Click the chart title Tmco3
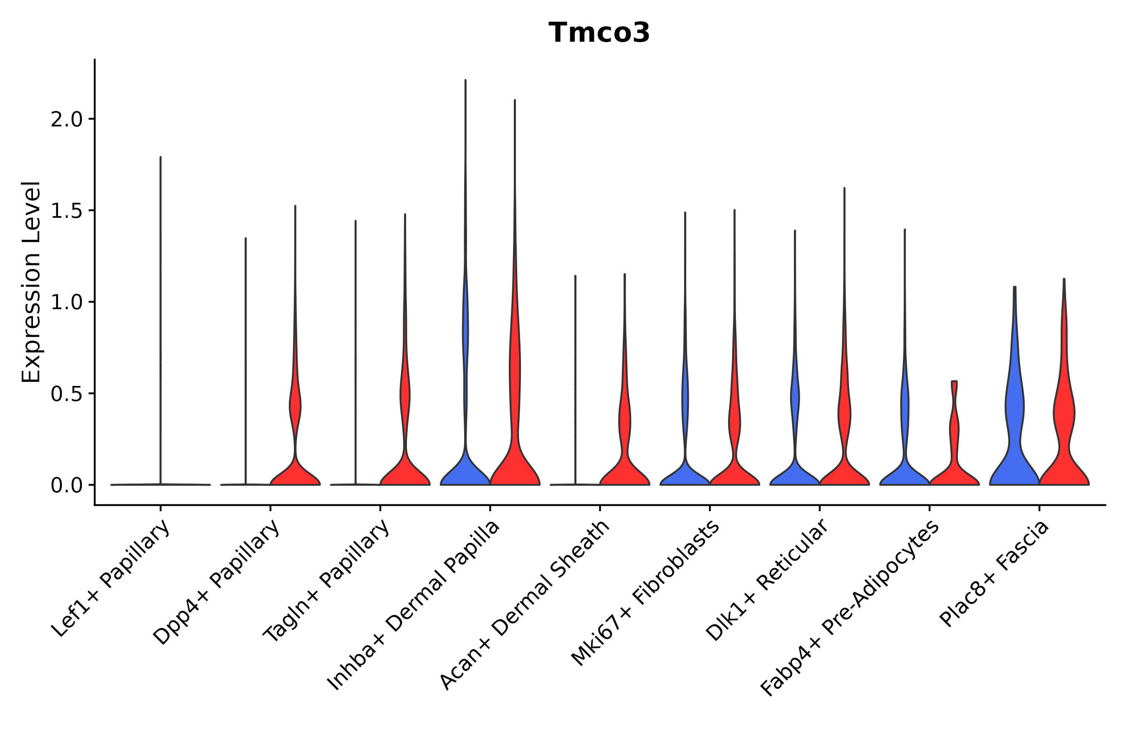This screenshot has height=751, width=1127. tap(599, 33)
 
